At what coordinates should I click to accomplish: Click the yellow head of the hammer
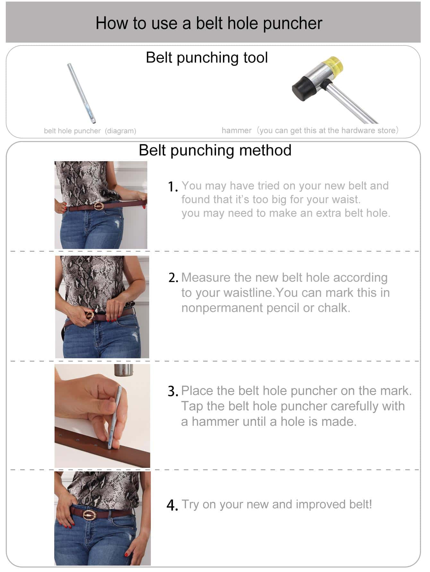pos(334,66)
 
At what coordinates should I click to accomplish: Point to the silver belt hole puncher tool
pos(82,93)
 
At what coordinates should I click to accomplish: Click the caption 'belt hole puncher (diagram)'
pos(90,131)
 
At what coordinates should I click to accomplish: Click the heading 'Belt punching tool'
pos(207,58)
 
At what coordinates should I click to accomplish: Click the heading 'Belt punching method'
pos(215,150)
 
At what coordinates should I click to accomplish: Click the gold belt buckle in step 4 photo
pos(90,515)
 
